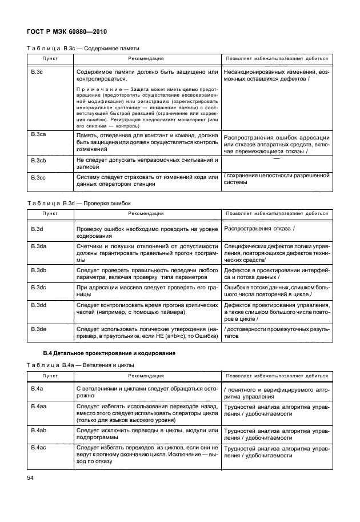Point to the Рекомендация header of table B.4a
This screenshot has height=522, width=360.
pos(146,376)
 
